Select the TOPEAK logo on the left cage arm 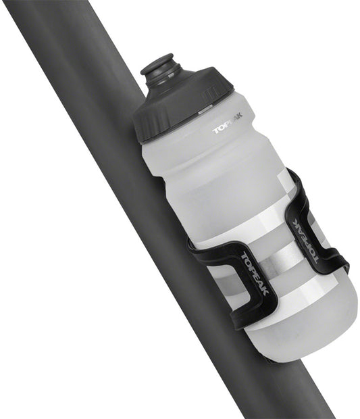click(x=255, y=273)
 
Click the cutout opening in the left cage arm click(x=223, y=284)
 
